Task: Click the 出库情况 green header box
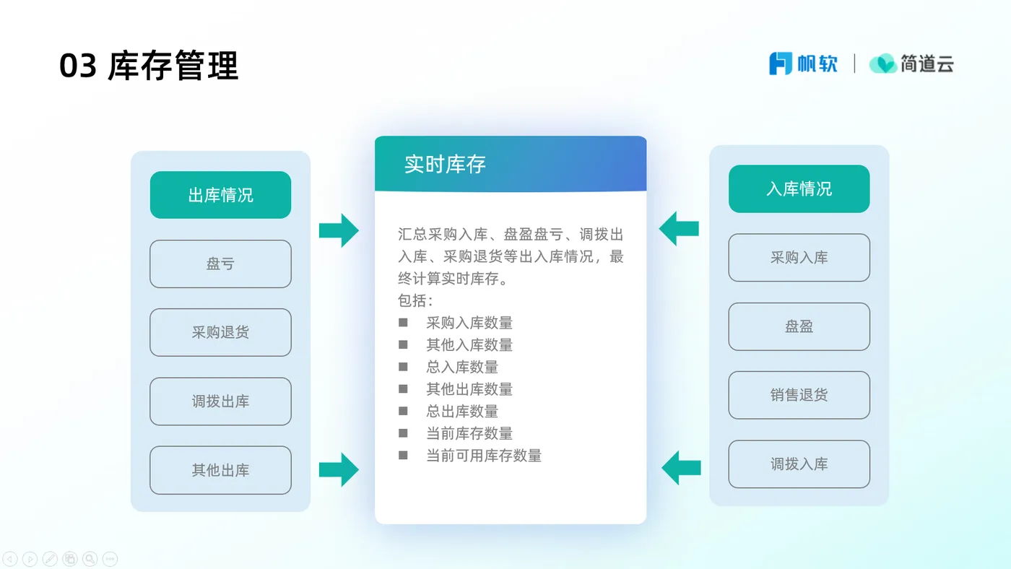pyautogui.click(x=220, y=195)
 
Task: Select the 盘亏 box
pyautogui.click(x=220, y=264)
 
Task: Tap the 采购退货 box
pyautogui.click(x=220, y=333)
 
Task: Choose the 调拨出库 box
pyautogui.click(x=220, y=401)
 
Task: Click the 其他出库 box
pyautogui.click(x=220, y=470)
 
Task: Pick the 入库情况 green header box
pyautogui.click(x=799, y=189)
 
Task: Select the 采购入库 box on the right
pyautogui.click(x=799, y=258)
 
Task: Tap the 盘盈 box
pyautogui.click(x=799, y=326)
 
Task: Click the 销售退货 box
pyautogui.click(x=799, y=395)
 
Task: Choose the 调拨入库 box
pyautogui.click(x=799, y=464)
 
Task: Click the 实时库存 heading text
pyautogui.click(x=445, y=165)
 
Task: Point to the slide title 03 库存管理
pyautogui.click(x=149, y=66)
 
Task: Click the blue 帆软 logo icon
pyautogui.click(x=781, y=64)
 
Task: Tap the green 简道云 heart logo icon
pyautogui.click(x=882, y=64)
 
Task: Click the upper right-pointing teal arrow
pyautogui.click(x=339, y=230)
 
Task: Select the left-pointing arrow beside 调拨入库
pyautogui.click(x=681, y=467)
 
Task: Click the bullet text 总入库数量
pyautogui.click(x=462, y=367)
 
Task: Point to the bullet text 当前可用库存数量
pyautogui.click(x=484, y=456)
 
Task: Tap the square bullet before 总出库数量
pyautogui.click(x=403, y=411)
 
